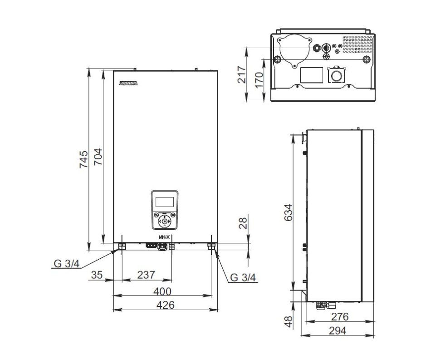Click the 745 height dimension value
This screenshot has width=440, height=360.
[83, 159]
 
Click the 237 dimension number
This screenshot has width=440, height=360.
[146, 275]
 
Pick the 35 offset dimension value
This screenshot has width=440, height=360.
[97, 275]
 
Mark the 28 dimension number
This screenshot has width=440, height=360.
[244, 223]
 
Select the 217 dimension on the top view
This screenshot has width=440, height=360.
[241, 74]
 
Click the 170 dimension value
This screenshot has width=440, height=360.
[259, 79]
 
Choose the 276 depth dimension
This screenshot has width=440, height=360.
[340, 316]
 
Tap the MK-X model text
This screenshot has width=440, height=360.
[164, 237]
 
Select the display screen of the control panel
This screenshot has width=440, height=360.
[164, 201]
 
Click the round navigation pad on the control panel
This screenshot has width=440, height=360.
[164, 222]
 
